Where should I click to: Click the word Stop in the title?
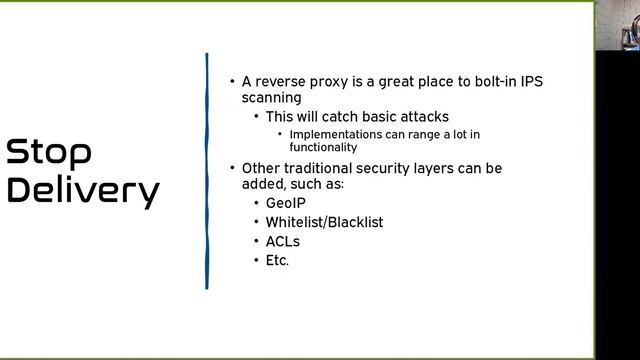point(49,153)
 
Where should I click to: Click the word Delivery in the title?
point(83,190)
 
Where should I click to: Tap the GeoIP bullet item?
point(285,203)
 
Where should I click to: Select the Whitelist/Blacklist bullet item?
point(324,222)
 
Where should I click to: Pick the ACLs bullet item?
point(282,241)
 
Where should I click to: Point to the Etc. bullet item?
point(277,260)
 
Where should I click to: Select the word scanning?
point(271,98)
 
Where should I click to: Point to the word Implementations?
point(337,134)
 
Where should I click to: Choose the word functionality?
point(323,147)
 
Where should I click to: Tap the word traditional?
point(320,168)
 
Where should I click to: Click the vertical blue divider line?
point(207,171)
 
